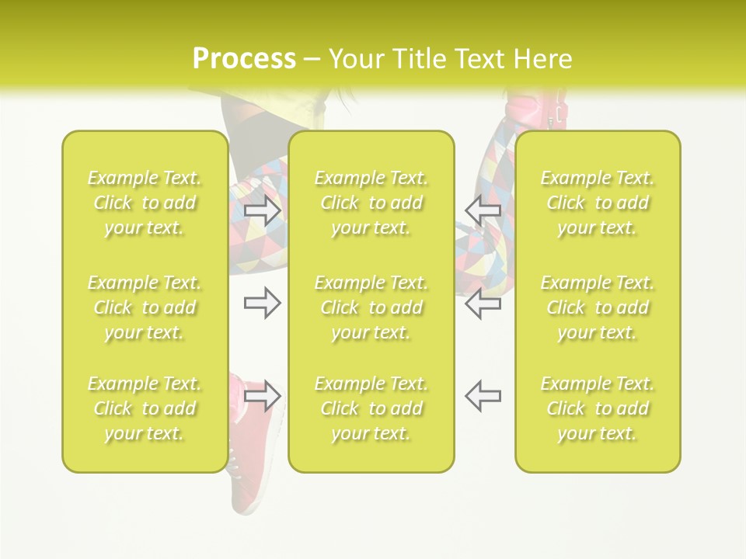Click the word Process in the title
coord(244,59)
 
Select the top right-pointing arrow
coord(263,210)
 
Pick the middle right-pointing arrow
coord(263,304)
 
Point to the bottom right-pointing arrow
coord(263,397)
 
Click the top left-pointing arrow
coord(483,210)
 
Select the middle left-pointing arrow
coord(483,304)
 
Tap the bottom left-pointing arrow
coord(483,397)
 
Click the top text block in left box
coord(145,203)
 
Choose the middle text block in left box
coord(145,307)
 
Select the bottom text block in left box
coord(145,408)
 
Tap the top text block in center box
coord(371,203)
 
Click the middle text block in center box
coord(371,307)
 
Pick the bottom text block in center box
coord(371,408)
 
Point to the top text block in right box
coord(598,203)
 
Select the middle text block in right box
coord(598,307)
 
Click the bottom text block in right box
coord(598,408)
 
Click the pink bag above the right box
coord(536,113)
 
